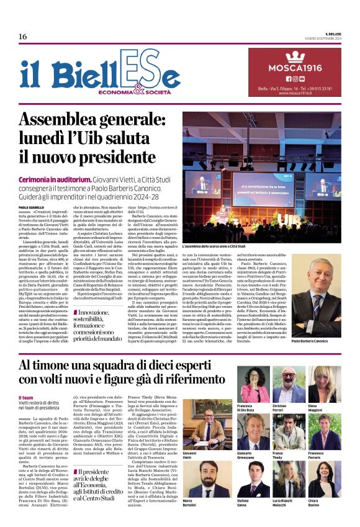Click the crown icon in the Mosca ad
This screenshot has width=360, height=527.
[295, 56]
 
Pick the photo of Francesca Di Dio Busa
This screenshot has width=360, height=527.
[254, 384]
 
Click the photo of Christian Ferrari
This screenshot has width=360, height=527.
[289, 384]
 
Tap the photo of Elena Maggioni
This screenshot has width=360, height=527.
[324, 384]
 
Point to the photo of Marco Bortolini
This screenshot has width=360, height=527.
[202, 478]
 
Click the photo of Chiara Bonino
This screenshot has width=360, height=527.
[324, 479]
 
